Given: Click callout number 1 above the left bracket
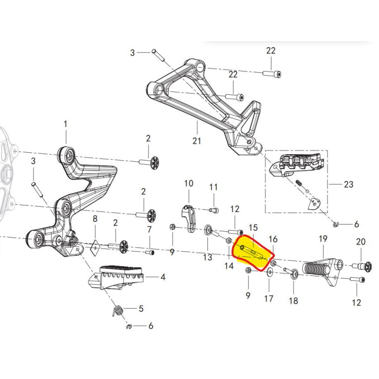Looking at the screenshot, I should pos(66,123).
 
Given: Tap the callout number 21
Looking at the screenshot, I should pos(197,141).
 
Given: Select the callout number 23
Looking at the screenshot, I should pos(348,185).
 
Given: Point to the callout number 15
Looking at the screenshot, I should pos(253,228).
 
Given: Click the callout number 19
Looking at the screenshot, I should pos(323,239).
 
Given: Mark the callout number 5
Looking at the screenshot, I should pos(141,309).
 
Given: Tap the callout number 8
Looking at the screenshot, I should pos(95,218).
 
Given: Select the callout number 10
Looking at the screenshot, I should pos(189,184).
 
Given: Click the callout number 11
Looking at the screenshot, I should pos(213,187).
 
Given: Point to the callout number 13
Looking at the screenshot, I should pos(207,257).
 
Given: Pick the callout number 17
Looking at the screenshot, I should pos(268,299).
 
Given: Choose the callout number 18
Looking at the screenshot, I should pos(293,301).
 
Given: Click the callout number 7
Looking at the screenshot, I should pos(149,229).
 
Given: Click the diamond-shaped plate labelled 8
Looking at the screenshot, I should pos(95,247).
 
